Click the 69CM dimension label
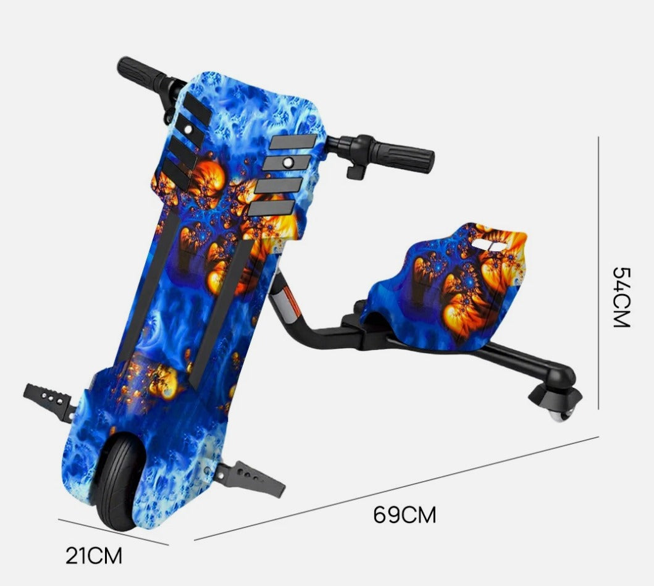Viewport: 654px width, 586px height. [x=405, y=514]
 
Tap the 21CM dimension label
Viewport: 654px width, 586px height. [x=94, y=556]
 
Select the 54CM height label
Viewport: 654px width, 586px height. [x=621, y=297]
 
